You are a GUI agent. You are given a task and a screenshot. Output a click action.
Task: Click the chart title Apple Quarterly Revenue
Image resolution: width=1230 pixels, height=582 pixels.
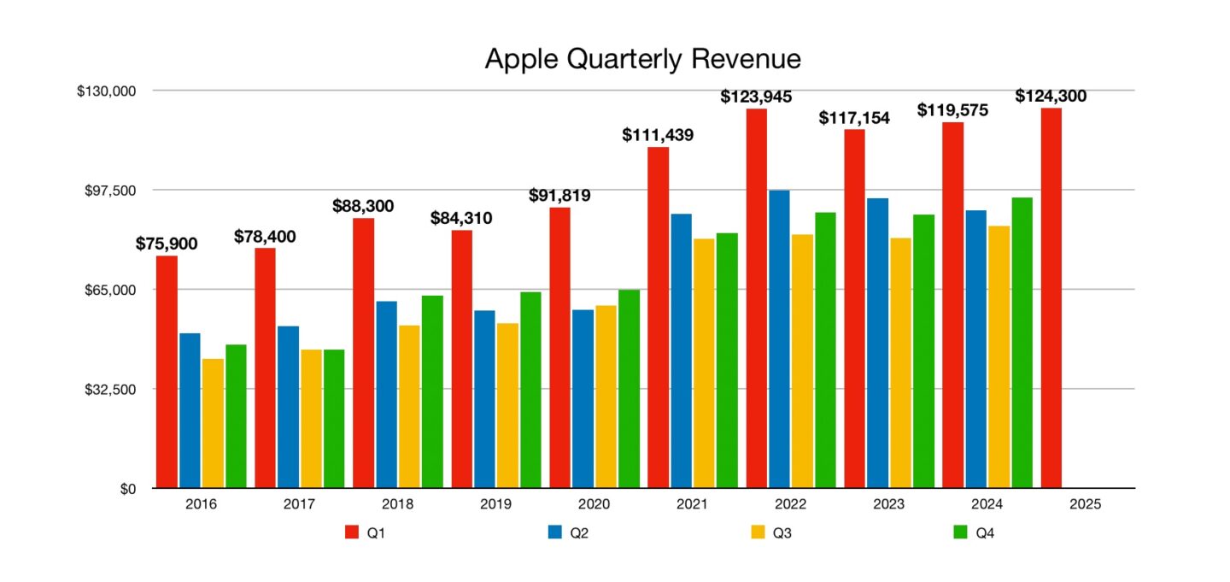pyautogui.click(x=642, y=58)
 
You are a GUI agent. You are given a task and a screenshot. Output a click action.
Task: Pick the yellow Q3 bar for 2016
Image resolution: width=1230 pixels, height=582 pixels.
pyautogui.click(x=213, y=423)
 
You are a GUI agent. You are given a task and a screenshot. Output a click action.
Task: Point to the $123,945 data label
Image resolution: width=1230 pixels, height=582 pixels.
pyautogui.click(x=756, y=97)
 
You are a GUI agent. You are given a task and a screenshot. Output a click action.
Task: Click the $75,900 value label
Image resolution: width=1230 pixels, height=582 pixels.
pyautogui.click(x=167, y=244)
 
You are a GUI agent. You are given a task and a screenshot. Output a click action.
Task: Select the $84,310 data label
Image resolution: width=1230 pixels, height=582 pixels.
pyautogui.click(x=461, y=218)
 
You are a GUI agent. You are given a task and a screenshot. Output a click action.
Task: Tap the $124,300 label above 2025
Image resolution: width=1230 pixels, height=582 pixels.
pyautogui.click(x=1051, y=97)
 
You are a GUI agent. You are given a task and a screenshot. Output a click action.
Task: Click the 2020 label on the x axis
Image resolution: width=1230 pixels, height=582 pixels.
pyautogui.click(x=594, y=504)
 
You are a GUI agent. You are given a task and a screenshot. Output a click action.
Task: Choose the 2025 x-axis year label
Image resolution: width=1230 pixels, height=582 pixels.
pyautogui.click(x=1085, y=504)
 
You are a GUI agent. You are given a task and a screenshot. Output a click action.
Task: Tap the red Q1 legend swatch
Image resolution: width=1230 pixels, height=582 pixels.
pyautogui.click(x=351, y=532)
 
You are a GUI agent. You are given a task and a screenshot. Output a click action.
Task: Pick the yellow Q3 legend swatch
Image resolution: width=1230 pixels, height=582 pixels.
pyautogui.click(x=757, y=532)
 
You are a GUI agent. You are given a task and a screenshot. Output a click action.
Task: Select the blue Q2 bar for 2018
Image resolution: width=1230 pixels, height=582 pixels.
pyautogui.click(x=386, y=394)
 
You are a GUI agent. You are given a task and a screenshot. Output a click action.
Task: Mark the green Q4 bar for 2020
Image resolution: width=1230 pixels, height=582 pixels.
pyautogui.click(x=629, y=389)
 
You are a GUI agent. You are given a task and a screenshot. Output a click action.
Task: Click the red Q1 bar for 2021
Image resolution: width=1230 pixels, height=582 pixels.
pyautogui.click(x=658, y=317)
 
